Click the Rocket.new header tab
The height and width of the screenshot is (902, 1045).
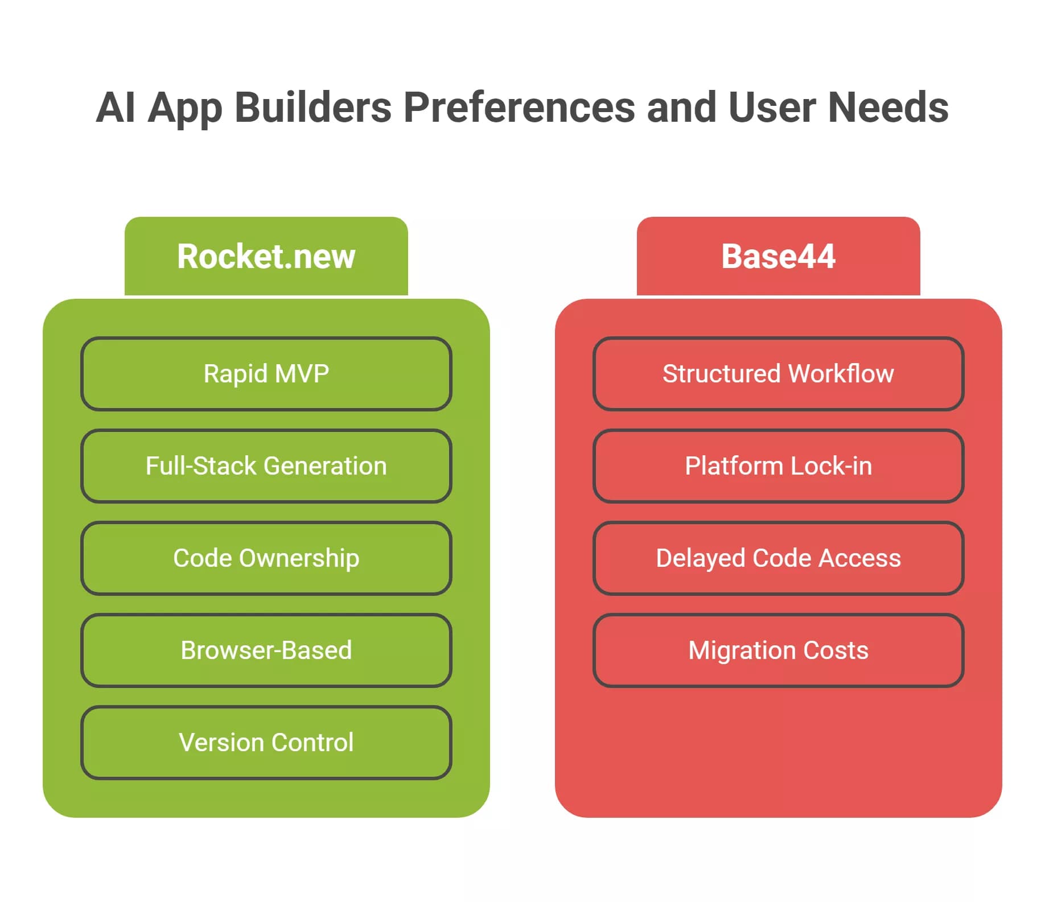pos(266,256)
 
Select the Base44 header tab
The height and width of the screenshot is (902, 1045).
pos(779,256)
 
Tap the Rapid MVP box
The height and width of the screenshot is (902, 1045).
pos(266,374)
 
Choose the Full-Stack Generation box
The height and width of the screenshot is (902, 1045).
pos(266,466)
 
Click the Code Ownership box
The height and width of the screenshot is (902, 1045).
pos(266,558)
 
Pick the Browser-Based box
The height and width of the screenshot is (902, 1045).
pos(266,650)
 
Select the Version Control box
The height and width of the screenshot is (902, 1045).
pos(266,743)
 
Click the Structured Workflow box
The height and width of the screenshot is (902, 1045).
pos(779,374)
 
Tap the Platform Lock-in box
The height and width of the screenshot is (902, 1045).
pos(779,466)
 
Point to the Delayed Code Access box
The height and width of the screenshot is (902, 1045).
pos(779,558)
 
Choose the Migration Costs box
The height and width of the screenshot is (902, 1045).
pos(779,650)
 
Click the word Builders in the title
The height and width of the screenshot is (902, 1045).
pos(313,107)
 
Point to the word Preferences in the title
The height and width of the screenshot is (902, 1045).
pos(519,108)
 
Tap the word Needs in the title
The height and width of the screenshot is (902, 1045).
pos(888,107)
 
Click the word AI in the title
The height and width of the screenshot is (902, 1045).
pos(116,107)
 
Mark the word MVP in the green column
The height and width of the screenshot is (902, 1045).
pos(302,374)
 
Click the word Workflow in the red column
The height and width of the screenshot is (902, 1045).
pos(841,374)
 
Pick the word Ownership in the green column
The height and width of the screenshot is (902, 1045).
pos(299,559)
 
